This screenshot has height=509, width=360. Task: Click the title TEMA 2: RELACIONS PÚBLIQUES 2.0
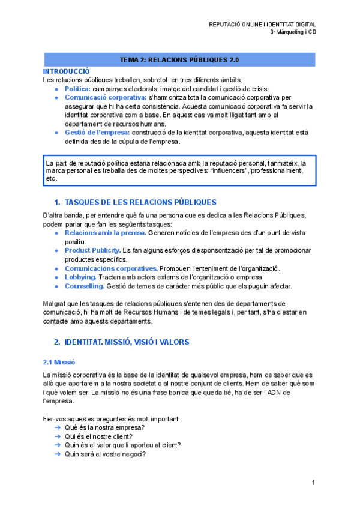click(179, 60)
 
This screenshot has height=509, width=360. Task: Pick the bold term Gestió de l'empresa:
click(97, 133)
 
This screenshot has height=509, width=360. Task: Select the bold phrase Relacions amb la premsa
click(105, 232)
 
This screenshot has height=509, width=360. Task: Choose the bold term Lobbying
click(80, 277)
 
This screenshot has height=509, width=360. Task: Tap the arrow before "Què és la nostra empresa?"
click(58, 427)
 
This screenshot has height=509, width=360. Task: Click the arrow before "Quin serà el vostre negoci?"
click(58, 454)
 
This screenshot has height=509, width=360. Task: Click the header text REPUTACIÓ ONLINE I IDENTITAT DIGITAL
click(262, 24)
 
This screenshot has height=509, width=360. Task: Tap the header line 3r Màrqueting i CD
click(293, 32)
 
